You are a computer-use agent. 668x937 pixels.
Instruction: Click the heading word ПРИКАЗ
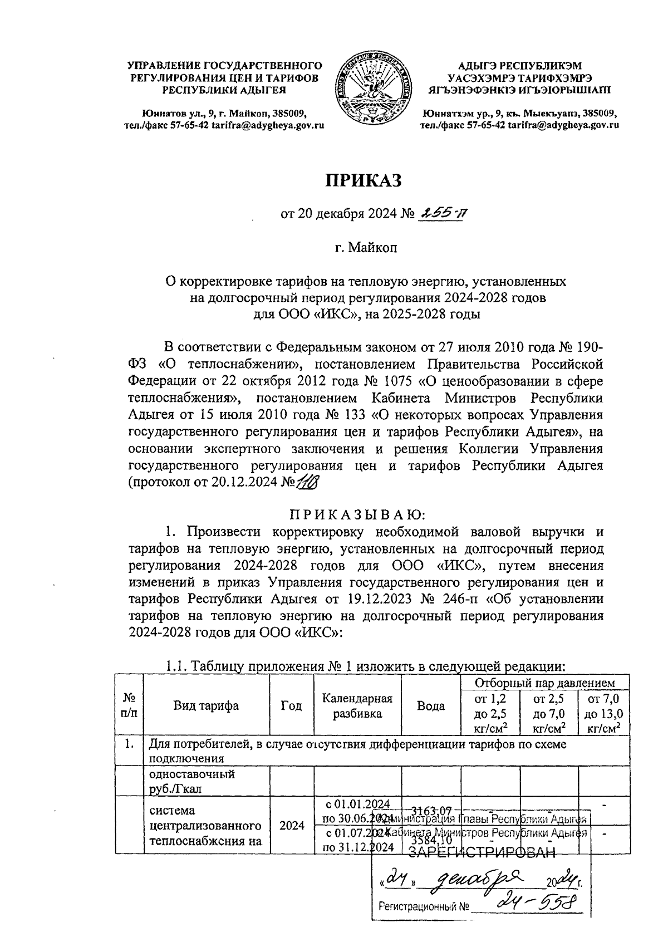(363, 180)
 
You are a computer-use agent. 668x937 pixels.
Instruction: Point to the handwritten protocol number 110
(306, 482)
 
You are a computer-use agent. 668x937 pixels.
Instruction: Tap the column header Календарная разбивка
(357, 706)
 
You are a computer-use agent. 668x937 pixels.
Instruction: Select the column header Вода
(431, 706)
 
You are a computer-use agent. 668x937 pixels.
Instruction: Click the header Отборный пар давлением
(545, 683)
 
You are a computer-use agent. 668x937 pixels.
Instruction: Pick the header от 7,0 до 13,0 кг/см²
(605, 713)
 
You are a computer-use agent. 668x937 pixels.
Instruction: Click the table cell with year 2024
(292, 825)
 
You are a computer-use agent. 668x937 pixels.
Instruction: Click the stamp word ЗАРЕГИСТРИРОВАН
(482, 855)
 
